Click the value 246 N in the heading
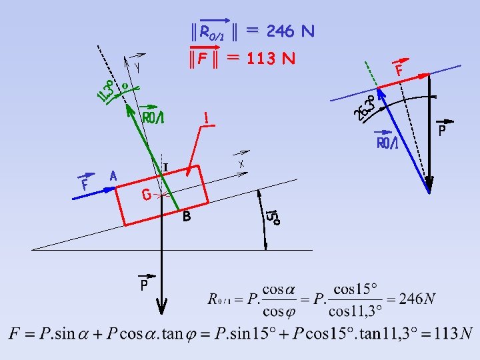click(x=290, y=31)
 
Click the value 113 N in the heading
click(x=270, y=59)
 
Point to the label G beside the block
click(x=146, y=195)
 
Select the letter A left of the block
click(x=113, y=176)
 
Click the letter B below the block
click(x=187, y=217)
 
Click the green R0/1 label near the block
click(x=153, y=117)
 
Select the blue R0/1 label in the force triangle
click(x=387, y=143)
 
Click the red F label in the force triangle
click(x=399, y=69)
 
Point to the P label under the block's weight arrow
click(x=144, y=286)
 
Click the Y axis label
click(x=137, y=67)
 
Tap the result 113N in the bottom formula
click(x=457, y=333)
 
